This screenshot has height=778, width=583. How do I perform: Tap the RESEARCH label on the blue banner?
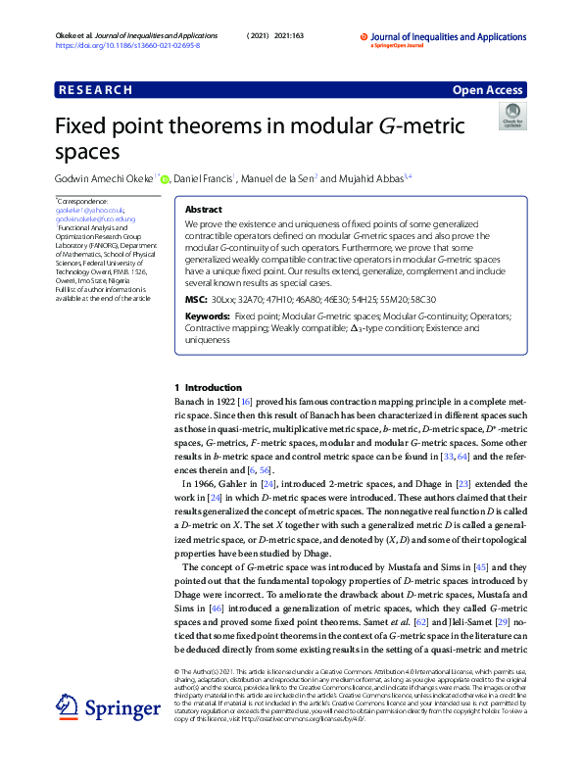tap(95, 90)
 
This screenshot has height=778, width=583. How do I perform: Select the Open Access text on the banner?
tap(488, 90)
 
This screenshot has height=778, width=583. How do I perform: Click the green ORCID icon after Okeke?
tap(165, 179)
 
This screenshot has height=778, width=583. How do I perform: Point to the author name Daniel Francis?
tap(204, 178)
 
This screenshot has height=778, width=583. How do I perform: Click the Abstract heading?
tap(203, 210)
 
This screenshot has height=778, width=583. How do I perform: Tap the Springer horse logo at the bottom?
tap(66, 706)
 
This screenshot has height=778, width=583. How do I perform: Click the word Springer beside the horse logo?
tap(114, 708)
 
